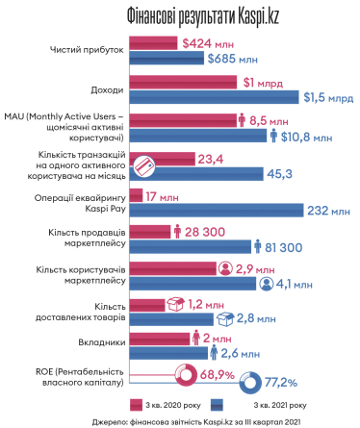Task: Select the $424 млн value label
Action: pos(206,42)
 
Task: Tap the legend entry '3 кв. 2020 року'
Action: pos(172,404)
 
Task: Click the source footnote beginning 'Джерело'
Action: pos(180,420)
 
